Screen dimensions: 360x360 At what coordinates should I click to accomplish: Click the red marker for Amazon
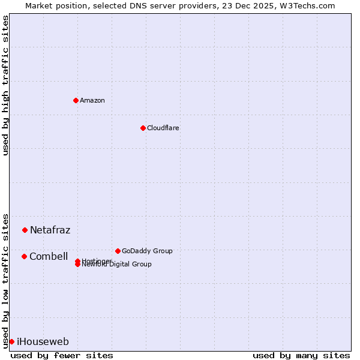76,100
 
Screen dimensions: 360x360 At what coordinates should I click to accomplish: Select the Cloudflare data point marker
143,128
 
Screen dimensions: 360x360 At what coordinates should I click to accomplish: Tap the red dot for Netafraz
25,230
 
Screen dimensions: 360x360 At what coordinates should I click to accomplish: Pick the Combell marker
24,256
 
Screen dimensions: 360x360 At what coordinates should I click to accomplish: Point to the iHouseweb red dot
11,341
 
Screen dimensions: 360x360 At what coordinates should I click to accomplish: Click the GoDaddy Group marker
118,251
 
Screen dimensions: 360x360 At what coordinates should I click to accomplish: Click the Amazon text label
92,100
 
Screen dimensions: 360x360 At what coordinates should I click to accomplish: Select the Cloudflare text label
163,128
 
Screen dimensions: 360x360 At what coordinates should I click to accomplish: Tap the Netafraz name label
50,230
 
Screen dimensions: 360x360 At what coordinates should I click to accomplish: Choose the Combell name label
49,256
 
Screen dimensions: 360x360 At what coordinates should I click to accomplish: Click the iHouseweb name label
43,342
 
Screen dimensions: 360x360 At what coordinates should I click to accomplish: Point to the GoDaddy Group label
147,251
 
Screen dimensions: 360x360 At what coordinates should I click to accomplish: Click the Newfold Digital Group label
117,265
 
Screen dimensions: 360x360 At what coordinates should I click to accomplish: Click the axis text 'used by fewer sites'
62,355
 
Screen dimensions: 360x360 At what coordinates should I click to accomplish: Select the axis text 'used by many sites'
301,355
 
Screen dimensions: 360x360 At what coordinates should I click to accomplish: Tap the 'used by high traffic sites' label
6,85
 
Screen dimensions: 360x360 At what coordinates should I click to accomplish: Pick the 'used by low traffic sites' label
6,280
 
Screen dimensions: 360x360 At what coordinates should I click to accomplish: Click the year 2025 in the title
254,5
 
